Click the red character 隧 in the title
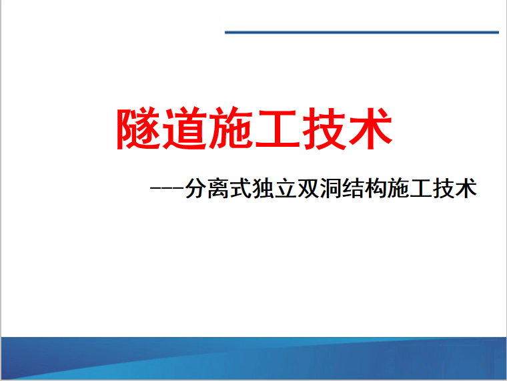coord(139,128)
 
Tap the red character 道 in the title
coord(184,128)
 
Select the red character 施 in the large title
coord(231,128)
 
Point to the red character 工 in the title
coord(276,129)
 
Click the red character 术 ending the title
coord(370,128)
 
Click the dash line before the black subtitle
coord(167,188)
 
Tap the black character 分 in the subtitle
coord(196,188)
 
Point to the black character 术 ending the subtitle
coord(466,188)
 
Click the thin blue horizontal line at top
coord(362,32)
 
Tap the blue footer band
coord(253,358)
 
